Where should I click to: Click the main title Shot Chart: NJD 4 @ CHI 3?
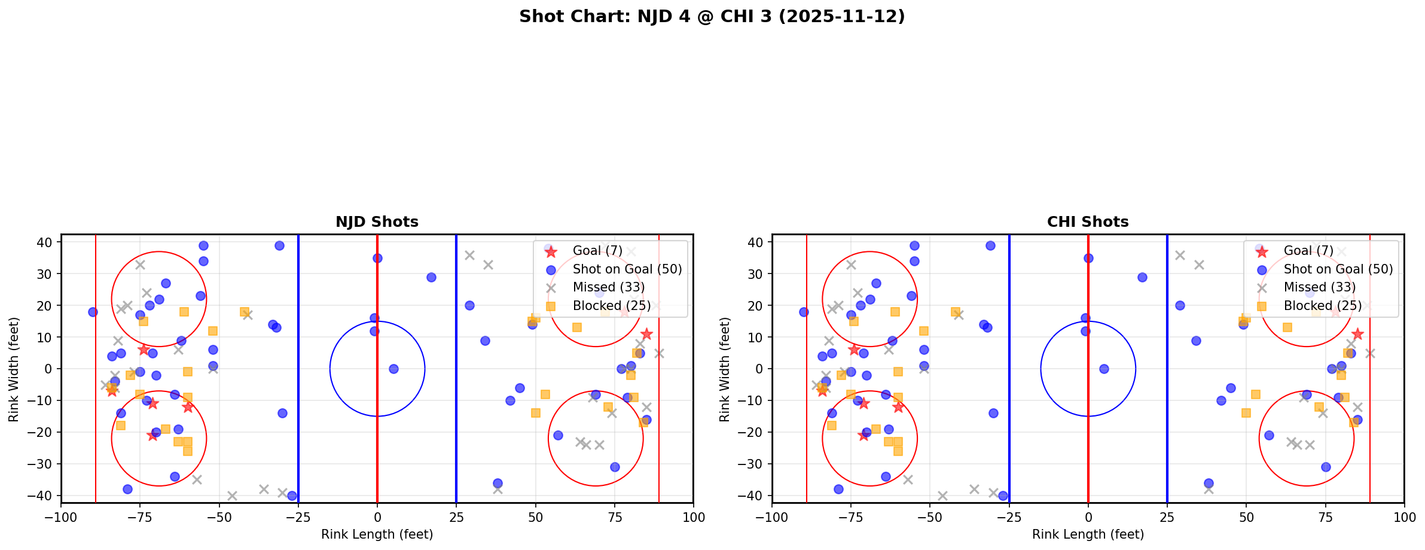(x=712, y=17)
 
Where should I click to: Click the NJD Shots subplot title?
(x=377, y=222)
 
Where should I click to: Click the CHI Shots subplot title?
(x=1088, y=222)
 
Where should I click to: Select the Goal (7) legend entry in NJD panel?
(x=597, y=251)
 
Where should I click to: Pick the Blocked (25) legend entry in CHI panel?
(x=1322, y=306)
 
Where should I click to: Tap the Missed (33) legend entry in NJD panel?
(x=608, y=287)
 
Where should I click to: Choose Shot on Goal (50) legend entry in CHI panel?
(x=1338, y=269)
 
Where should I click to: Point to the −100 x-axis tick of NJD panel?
(x=61, y=516)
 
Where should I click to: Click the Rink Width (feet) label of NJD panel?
(x=14, y=369)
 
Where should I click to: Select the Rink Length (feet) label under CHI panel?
(x=1088, y=534)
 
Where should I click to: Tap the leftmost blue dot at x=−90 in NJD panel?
(x=93, y=312)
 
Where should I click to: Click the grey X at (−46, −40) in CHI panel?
(x=942, y=496)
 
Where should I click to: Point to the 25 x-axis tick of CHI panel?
(x=1167, y=516)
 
